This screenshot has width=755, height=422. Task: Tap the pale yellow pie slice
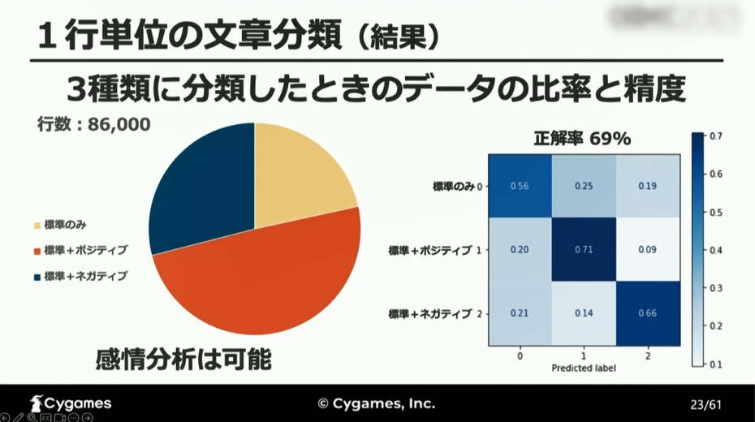coord(300,179)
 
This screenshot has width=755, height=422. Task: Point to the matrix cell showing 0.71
coord(583,248)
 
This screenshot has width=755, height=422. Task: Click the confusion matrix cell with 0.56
coord(520,186)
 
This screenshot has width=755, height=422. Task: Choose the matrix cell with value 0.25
coord(583,186)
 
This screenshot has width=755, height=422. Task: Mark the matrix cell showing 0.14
coord(583,312)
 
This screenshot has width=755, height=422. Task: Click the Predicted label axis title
coord(583,368)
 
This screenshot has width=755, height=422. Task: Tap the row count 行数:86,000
coord(94,126)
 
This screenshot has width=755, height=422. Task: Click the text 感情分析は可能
coord(183,359)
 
